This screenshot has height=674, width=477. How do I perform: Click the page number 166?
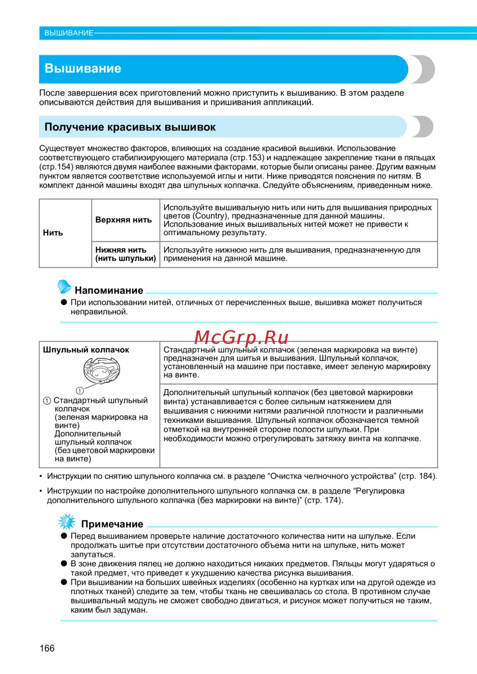pos(47,648)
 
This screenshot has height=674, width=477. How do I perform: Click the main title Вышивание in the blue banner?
pos(83,68)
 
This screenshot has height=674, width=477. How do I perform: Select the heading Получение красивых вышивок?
pos(130,127)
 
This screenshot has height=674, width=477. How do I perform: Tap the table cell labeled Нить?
pos(53,233)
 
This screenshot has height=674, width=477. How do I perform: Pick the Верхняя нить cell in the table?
pos(124,220)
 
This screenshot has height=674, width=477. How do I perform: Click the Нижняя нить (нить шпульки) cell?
pos(125,254)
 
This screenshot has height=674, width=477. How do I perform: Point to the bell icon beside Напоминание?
pos(64,287)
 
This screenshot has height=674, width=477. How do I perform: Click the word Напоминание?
pos(109,290)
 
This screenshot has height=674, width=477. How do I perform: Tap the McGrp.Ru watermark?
pos(241,337)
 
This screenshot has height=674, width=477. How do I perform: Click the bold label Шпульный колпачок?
pos(86,350)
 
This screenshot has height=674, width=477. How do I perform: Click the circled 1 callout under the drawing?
pos(80,390)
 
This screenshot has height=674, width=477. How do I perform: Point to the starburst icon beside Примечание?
pos(66,521)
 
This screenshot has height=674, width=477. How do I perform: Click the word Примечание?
pos(112,524)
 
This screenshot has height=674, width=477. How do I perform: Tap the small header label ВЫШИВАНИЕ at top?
pos(69,33)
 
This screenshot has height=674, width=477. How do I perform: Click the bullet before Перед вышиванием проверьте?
pos(63,536)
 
